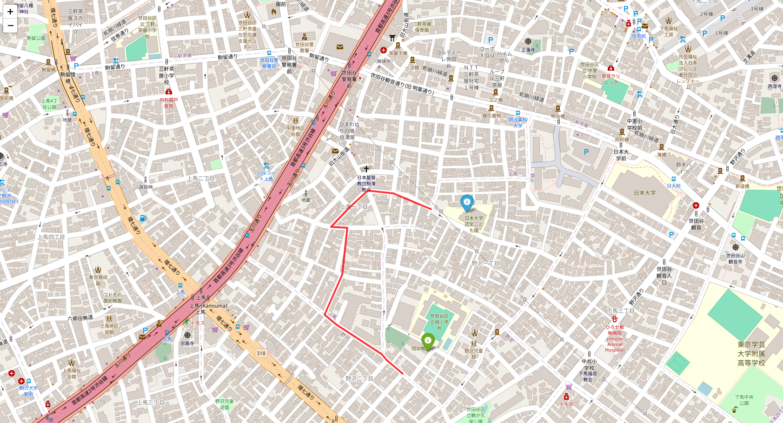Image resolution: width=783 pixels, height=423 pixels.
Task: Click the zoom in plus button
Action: point(10,12)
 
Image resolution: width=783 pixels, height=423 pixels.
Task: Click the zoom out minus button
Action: point(10,26)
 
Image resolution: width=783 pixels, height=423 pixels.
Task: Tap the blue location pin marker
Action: point(467,203)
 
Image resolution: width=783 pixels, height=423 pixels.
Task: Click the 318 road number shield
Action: point(261,353)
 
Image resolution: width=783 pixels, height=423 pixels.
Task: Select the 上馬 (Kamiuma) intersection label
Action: point(208,306)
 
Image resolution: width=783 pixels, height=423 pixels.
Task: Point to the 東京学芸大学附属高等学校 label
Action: point(751,354)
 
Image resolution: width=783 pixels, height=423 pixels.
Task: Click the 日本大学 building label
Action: point(644,193)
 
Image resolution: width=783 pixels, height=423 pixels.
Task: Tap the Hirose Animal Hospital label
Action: point(615,338)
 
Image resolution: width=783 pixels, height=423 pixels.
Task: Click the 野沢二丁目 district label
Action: point(359,378)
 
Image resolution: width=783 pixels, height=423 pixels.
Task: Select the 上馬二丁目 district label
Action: point(201,178)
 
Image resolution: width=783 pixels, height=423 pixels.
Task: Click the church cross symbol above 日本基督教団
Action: point(366,169)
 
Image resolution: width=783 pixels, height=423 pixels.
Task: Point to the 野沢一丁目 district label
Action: point(485,264)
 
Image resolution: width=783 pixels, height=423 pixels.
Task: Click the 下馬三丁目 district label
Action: point(621,311)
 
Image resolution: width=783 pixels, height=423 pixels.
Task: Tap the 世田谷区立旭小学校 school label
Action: point(439,322)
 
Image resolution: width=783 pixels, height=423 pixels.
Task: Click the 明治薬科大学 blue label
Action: point(518,123)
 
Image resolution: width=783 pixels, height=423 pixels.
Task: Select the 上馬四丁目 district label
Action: point(51,237)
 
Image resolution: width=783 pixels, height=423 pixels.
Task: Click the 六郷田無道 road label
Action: point(80,318)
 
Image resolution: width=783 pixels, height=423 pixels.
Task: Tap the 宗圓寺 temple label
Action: point(187,344)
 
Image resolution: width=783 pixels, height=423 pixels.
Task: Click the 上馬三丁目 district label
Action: point(151,403)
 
